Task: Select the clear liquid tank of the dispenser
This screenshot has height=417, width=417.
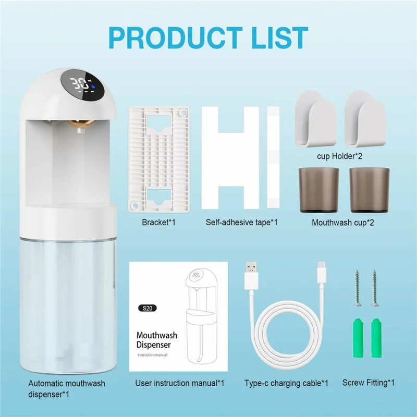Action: point(68,302)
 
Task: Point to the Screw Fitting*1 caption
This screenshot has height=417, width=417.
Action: point(368,383)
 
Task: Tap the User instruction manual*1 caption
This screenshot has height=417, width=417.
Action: point(179,383)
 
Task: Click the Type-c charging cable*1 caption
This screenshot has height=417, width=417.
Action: point(286,383)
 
